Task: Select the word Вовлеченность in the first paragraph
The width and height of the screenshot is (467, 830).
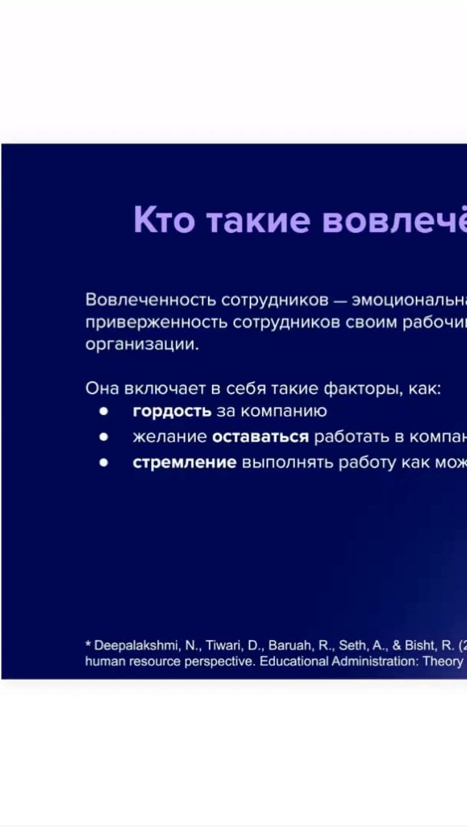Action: coord(150,300)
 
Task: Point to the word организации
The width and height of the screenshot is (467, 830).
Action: coord(142,345)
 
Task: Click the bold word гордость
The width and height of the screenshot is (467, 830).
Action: coord(172,411)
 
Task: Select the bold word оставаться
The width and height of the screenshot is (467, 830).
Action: coord(260,437)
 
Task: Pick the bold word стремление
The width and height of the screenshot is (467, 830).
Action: coord(184,463)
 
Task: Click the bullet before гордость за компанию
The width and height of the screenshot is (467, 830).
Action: coord(103,411)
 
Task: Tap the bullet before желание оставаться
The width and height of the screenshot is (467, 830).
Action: coord(103,437)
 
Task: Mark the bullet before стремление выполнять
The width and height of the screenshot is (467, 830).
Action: coord(103,463)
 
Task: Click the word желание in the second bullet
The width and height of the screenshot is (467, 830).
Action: coord(170,437)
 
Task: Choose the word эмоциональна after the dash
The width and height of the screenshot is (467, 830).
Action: coord(409,300)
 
